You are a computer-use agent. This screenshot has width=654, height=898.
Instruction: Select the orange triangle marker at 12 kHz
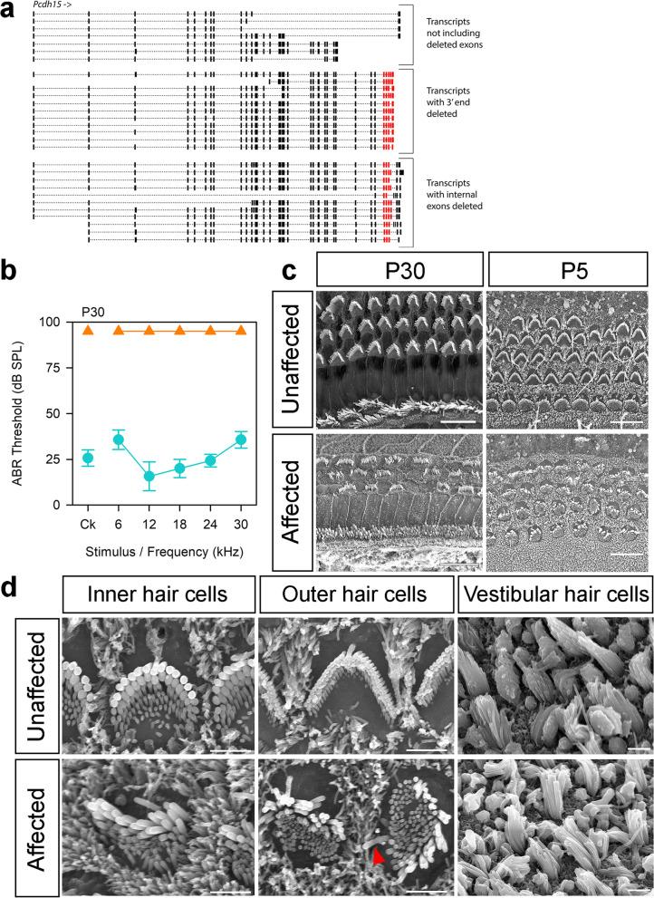(149, 330)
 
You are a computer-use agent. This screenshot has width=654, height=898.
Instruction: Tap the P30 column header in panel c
(398, 271)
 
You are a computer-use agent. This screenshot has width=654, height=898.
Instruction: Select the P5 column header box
(568, 271)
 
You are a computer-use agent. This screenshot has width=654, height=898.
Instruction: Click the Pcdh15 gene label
(51, 5)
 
